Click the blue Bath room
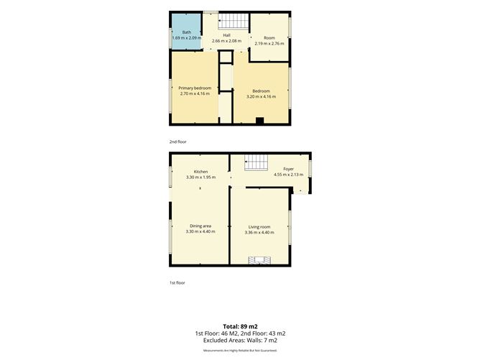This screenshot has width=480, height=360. click(186, 31)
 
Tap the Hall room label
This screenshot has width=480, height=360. click(226, 35)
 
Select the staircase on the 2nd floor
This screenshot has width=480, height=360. click(234, 22)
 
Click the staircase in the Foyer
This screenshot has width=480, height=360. click(256, 162)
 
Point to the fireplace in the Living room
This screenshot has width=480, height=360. click(259, 260)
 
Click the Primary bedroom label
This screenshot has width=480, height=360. click(195, 88)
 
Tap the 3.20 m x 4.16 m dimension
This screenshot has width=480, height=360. click(261, 96)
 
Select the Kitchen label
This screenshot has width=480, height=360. click(200, 172)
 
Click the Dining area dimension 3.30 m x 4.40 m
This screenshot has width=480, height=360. click(200, 231)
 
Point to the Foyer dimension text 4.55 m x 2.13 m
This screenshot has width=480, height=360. click(288, 175)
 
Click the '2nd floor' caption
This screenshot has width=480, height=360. click(178, 142)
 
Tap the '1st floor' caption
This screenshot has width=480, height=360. click(177, 283)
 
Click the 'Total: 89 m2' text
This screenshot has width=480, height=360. click(240, 326)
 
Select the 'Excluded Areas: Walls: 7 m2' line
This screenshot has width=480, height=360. click(240, 340)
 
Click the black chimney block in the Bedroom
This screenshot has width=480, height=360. click(259, 121)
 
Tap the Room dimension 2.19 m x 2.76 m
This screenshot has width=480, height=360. click(269, 43)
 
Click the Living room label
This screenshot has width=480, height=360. click(259, 227)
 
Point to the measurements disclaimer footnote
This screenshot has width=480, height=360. click(240, 350)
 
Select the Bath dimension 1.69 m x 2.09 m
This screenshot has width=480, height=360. click(187, 38)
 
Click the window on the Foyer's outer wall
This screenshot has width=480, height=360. click(310, 168)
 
